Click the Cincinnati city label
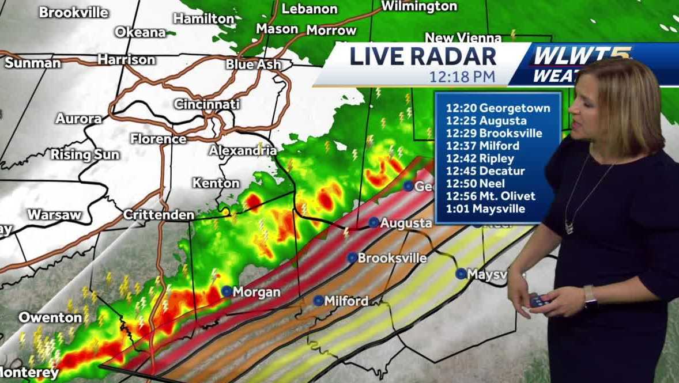click(x=206, y=105)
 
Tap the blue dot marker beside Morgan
click(x=227, y=291)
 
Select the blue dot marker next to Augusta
click(x=374, y=222)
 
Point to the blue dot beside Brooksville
click(x=352, y=257)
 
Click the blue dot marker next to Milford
click(x=318, y=300)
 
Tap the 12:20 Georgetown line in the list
click(x=497, y=108)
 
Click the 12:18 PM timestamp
click(x=462, y=75)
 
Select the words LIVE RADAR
click(x=423, y=56)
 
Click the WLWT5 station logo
click(x=582, y=56)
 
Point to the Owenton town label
click(x=50, y=317)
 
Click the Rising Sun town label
click(x=85, y=154)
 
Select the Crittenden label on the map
click(x=159, y=215)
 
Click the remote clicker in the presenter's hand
click(x=540, y=300)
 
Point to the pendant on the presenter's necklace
click(x=569, y=227)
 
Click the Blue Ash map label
click(x=253, y=64)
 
